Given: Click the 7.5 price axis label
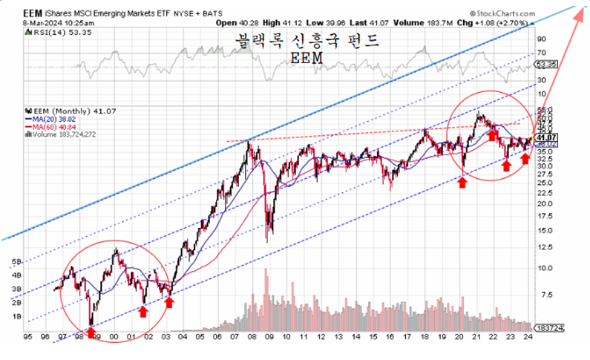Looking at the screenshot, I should [x=545, y=295].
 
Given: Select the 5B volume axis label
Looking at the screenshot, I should [x=15, y=261].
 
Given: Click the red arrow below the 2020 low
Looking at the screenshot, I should [x=462, y=181].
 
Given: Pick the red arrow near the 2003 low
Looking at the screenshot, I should [x=170, y=301].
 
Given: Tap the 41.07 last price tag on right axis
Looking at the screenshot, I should [x=547, y=137].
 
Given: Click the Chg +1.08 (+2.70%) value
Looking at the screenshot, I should [x=495, y=23].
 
